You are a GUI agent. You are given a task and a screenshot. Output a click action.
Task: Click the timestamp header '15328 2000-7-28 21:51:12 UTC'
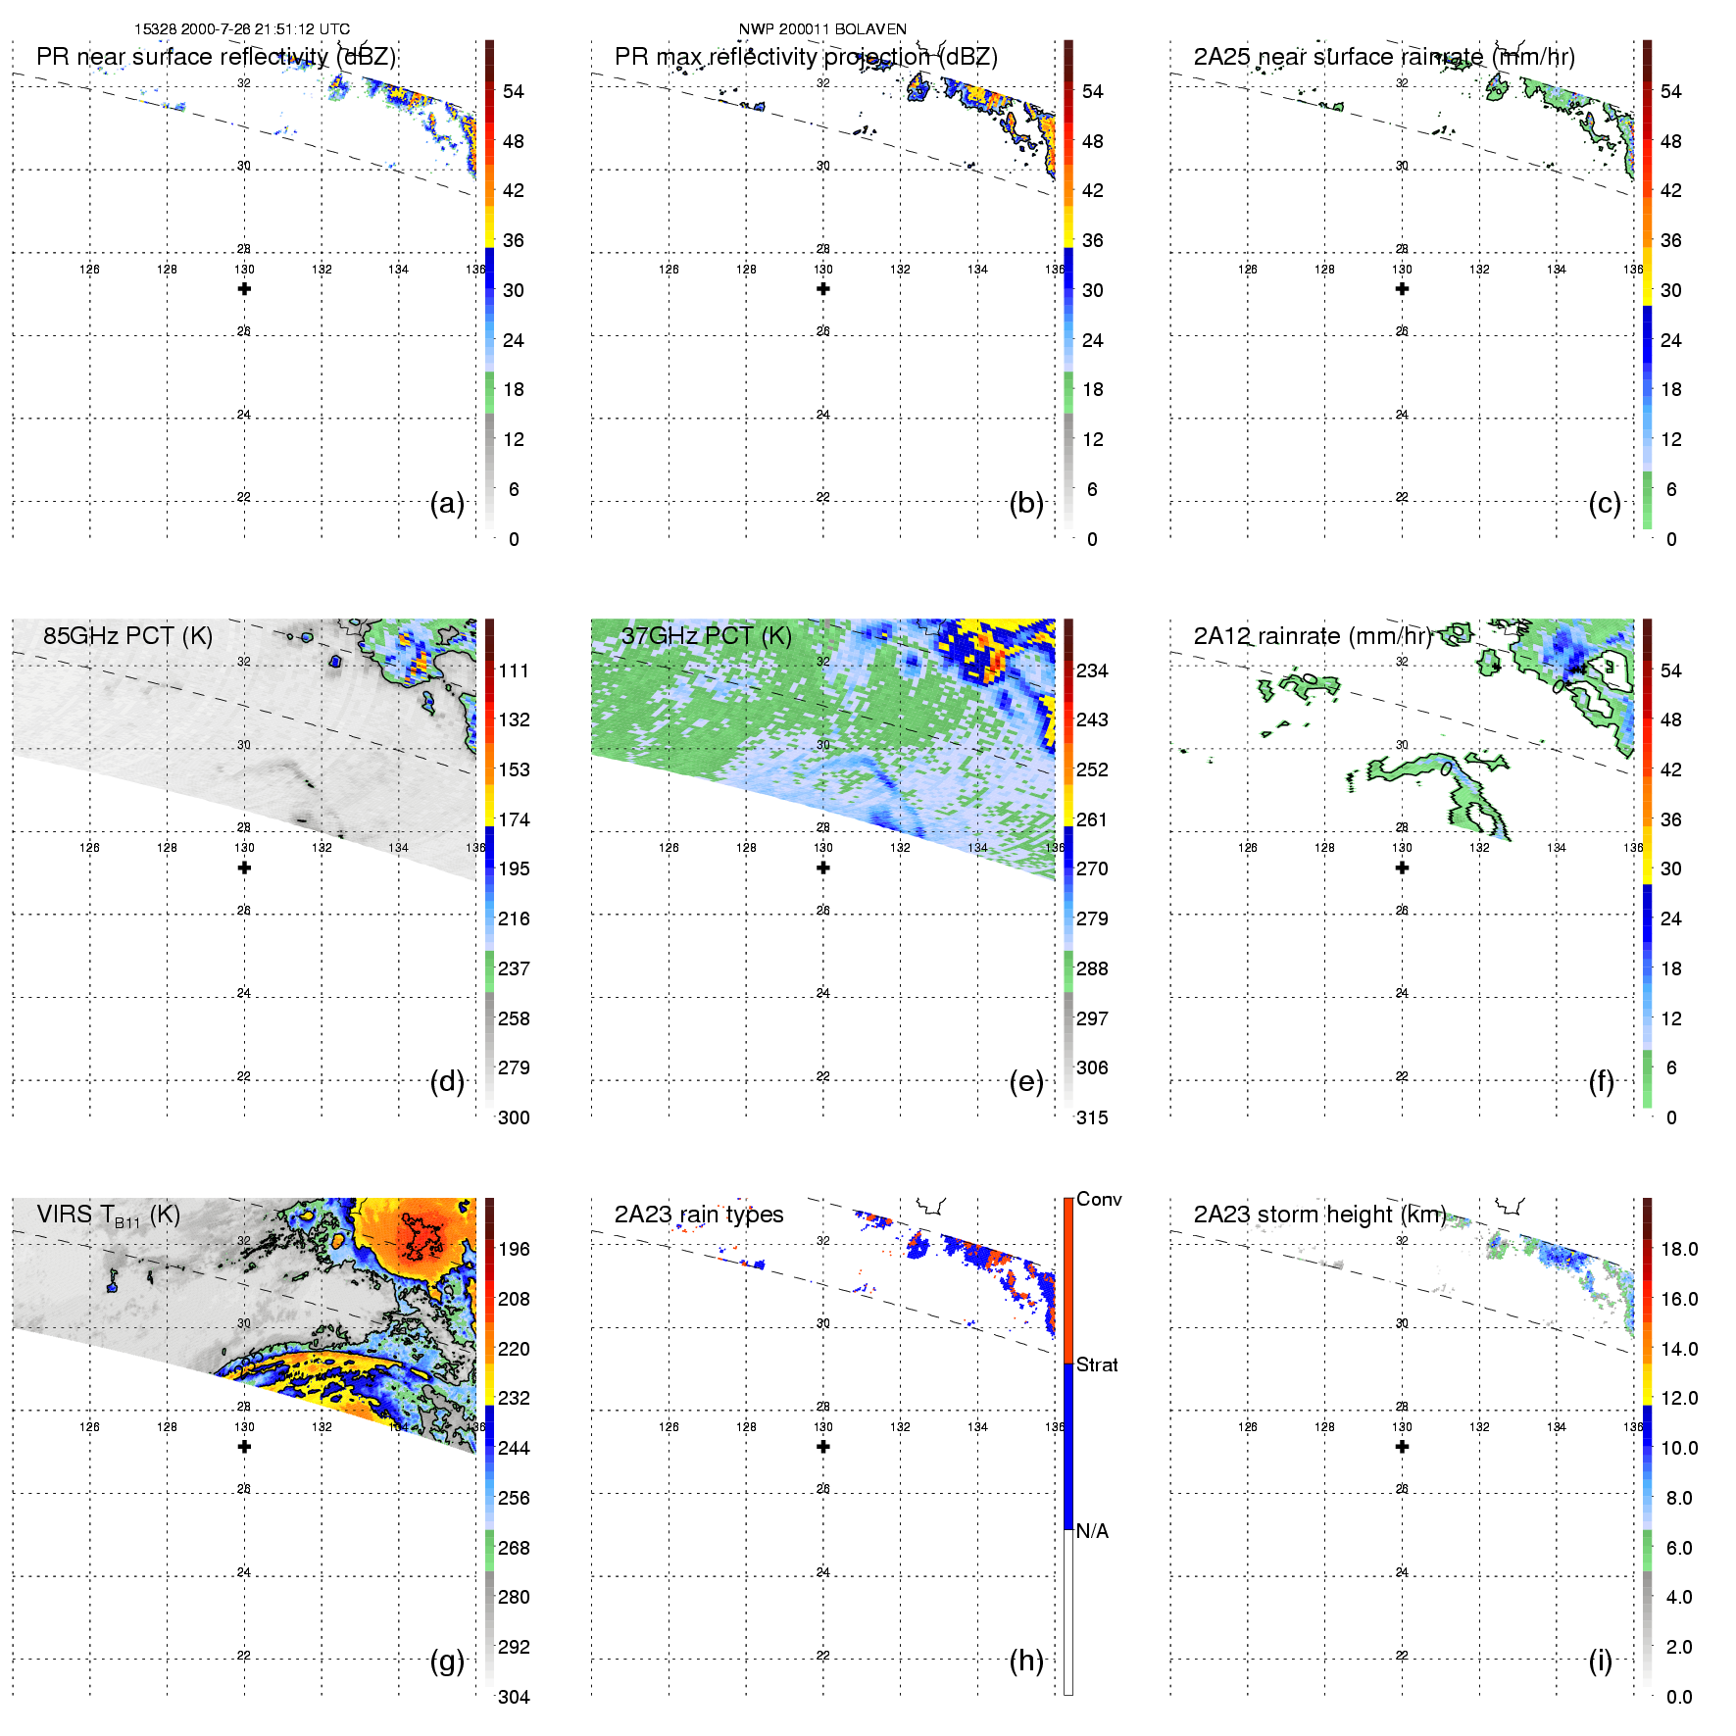click(x=241, y=29)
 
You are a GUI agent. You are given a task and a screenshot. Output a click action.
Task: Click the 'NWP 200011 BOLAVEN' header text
click(x=821, y=29)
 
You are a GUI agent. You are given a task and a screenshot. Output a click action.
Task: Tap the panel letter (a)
click(x=447, y=504)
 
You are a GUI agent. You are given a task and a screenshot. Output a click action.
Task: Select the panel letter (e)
click(x=1026, y=1082)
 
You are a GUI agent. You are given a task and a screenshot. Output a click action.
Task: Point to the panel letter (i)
click(x=1600, y=1661)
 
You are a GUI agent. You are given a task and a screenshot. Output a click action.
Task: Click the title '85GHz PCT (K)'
click(x=127, y=636)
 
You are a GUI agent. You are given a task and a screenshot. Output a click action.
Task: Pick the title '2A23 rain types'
click(x=699, y=1215)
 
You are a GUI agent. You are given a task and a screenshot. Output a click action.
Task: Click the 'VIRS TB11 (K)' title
click(x=108, y=1215)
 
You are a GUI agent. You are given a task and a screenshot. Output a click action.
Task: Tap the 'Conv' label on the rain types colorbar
click(x=1099, y=1200)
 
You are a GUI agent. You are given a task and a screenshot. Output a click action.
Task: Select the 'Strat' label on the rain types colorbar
click(x=1097, y=1365)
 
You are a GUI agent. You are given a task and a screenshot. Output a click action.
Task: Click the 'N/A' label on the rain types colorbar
click(x=1092, y=1531)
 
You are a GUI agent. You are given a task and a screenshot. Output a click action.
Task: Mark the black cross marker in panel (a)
click(x=244, y=289)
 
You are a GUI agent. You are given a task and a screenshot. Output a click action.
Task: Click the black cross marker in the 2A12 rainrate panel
click(x=1402, y=868)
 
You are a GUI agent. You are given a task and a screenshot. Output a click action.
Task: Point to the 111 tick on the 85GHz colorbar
click(x=514, y=670)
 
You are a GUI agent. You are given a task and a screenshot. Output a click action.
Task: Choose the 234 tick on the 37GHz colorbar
click(x=1092, y=670)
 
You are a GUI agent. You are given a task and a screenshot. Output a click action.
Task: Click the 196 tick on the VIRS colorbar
click(x=514, y=1249)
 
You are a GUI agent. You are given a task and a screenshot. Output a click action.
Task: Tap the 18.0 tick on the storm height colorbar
click(x=1678, y=1249)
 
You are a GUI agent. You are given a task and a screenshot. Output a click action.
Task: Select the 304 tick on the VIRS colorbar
click(x=514, y=1697)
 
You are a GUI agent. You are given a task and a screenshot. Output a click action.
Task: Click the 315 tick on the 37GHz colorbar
click(x=1092, y=1117)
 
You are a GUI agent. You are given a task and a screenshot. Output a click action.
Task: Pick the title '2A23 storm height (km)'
click(x=1319, y=1215)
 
